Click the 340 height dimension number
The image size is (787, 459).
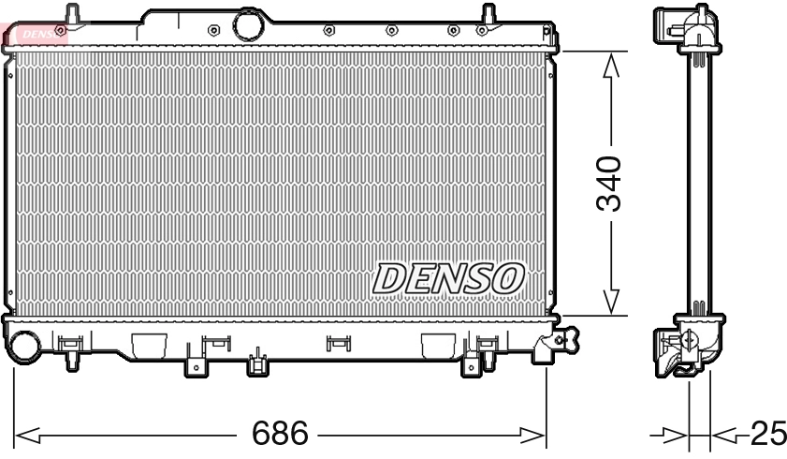pos(610,184)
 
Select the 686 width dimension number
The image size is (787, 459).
pos(281,434)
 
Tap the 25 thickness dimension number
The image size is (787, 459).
pos(766,434)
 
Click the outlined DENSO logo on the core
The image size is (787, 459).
pos(448,276)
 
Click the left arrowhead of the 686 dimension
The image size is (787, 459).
pos(26,435)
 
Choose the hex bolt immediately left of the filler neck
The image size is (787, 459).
pos(214,27)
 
